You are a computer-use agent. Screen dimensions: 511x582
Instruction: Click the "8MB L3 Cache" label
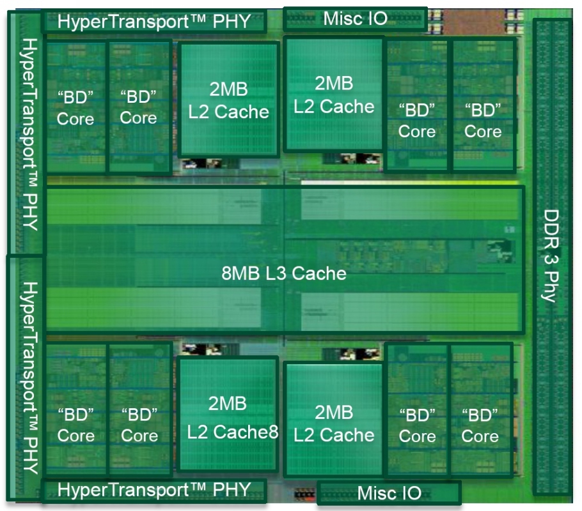[284, 274]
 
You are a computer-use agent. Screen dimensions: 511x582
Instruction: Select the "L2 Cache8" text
[233, 432]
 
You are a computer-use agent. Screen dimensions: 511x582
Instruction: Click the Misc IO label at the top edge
[355, 18]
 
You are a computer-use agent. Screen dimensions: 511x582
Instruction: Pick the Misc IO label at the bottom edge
[389, 493]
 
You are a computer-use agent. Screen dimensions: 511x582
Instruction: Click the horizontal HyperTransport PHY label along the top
[153, 21]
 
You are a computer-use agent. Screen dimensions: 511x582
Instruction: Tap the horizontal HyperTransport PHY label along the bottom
[153, 491]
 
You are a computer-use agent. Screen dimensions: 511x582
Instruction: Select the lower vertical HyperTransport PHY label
[29, 377]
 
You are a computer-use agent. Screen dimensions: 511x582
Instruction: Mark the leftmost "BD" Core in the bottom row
[75, 425]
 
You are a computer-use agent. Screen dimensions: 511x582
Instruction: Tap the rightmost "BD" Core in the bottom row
[480, 425]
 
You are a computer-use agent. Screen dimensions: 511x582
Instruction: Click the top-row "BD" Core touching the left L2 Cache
[138, 107]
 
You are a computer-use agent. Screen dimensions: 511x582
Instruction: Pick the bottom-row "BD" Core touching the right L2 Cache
[417, 425]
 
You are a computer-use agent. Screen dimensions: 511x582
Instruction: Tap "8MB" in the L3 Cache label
[238, 274]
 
